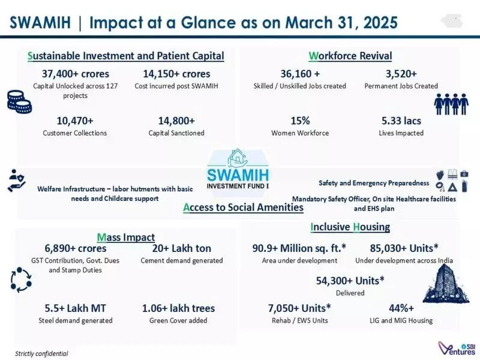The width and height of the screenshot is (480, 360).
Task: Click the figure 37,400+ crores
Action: coord(74,74)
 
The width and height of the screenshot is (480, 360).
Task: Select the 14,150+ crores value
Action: coord(176,74)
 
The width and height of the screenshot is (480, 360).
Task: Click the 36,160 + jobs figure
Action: coord(299,74)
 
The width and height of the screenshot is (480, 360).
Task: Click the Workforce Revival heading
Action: coord(350,56)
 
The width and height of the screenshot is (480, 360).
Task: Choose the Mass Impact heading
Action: coord(125,237)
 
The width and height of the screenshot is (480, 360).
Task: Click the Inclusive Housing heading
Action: coord(350,227)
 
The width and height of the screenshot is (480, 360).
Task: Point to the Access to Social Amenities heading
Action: coord(243,208)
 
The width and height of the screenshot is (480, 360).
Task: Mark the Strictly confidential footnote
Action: coord(41,353)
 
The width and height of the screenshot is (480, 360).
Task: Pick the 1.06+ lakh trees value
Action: coord(178,308)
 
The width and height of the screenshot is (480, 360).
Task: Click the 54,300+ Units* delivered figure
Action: coord(350,280)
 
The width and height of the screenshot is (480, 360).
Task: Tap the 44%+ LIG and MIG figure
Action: coord(402,308)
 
